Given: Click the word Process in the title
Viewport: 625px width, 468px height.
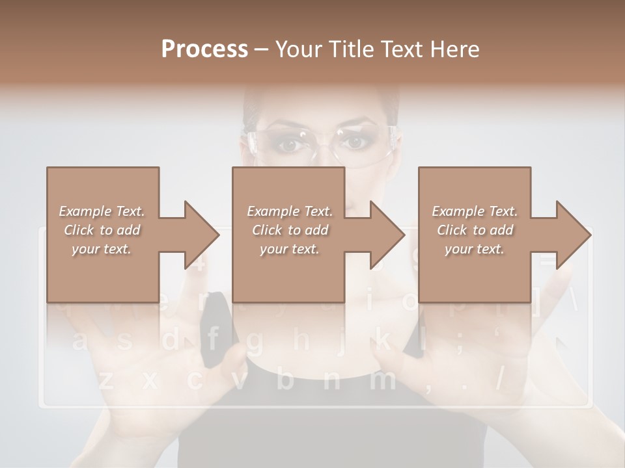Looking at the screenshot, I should click(204, 49).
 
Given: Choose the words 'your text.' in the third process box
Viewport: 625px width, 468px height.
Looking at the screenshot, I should click(475, 249).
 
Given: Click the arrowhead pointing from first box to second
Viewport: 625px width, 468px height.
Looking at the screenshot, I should click(202, 235).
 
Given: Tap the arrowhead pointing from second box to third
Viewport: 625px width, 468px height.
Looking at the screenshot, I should click(387, 235).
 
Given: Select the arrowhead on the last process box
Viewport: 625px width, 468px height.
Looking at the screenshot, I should click(573, 235).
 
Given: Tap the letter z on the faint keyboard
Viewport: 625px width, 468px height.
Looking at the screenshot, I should click(105, 381).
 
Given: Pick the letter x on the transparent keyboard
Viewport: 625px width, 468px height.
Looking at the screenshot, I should click(150, 381).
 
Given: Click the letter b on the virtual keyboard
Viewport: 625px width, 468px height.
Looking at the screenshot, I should click(285, 380).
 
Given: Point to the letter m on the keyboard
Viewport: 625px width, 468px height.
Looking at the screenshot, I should click(382, 380).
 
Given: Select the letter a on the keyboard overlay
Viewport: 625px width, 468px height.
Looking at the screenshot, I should click(81, 341).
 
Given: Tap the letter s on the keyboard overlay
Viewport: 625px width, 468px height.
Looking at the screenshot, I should click(125, 341).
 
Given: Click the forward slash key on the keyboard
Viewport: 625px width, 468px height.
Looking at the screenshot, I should click(501, 380).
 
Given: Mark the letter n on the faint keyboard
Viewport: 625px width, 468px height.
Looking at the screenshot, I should click(331, 381).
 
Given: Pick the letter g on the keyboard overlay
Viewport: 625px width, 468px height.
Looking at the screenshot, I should click(255, 341).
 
